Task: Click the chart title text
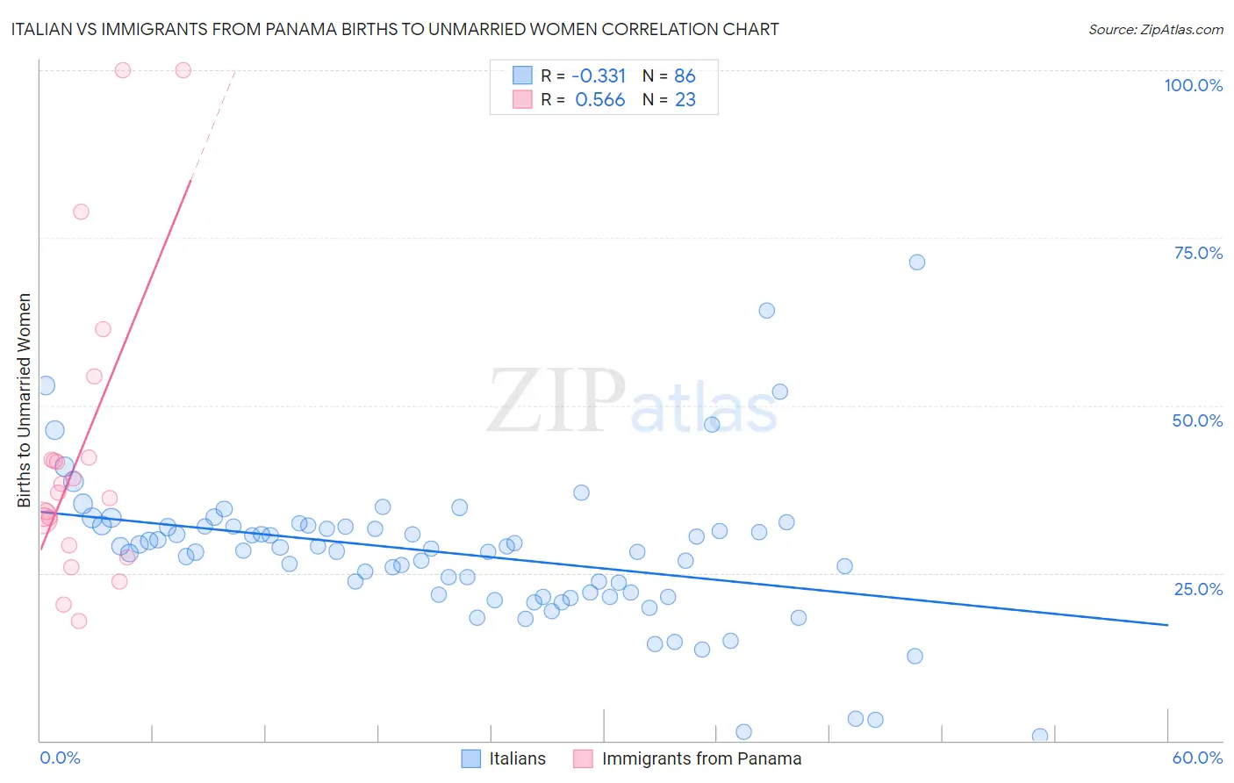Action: coord(394,29)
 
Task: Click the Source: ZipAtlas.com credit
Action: coord(1155,29)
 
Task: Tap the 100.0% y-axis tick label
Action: coord(1193,85)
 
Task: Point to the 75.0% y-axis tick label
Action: coord(1198,253)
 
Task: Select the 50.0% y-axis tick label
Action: coord(1197,420)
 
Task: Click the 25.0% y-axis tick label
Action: coord(1198,588)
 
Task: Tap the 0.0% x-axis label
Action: coord(60,758)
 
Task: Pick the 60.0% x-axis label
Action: coord(1197,758)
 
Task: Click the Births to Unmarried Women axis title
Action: coord(25,400)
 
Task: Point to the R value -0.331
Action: coord(599,75)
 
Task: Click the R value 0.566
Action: coord(600,100)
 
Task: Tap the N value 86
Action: coord(685,75)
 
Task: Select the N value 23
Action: coord(685,100)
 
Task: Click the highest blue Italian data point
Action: coord(917,262)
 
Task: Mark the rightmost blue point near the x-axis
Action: coord(1040,736)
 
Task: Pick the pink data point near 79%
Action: coord(81,212)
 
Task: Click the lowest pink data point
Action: coord(79,621)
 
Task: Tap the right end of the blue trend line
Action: coord(1167,624)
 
